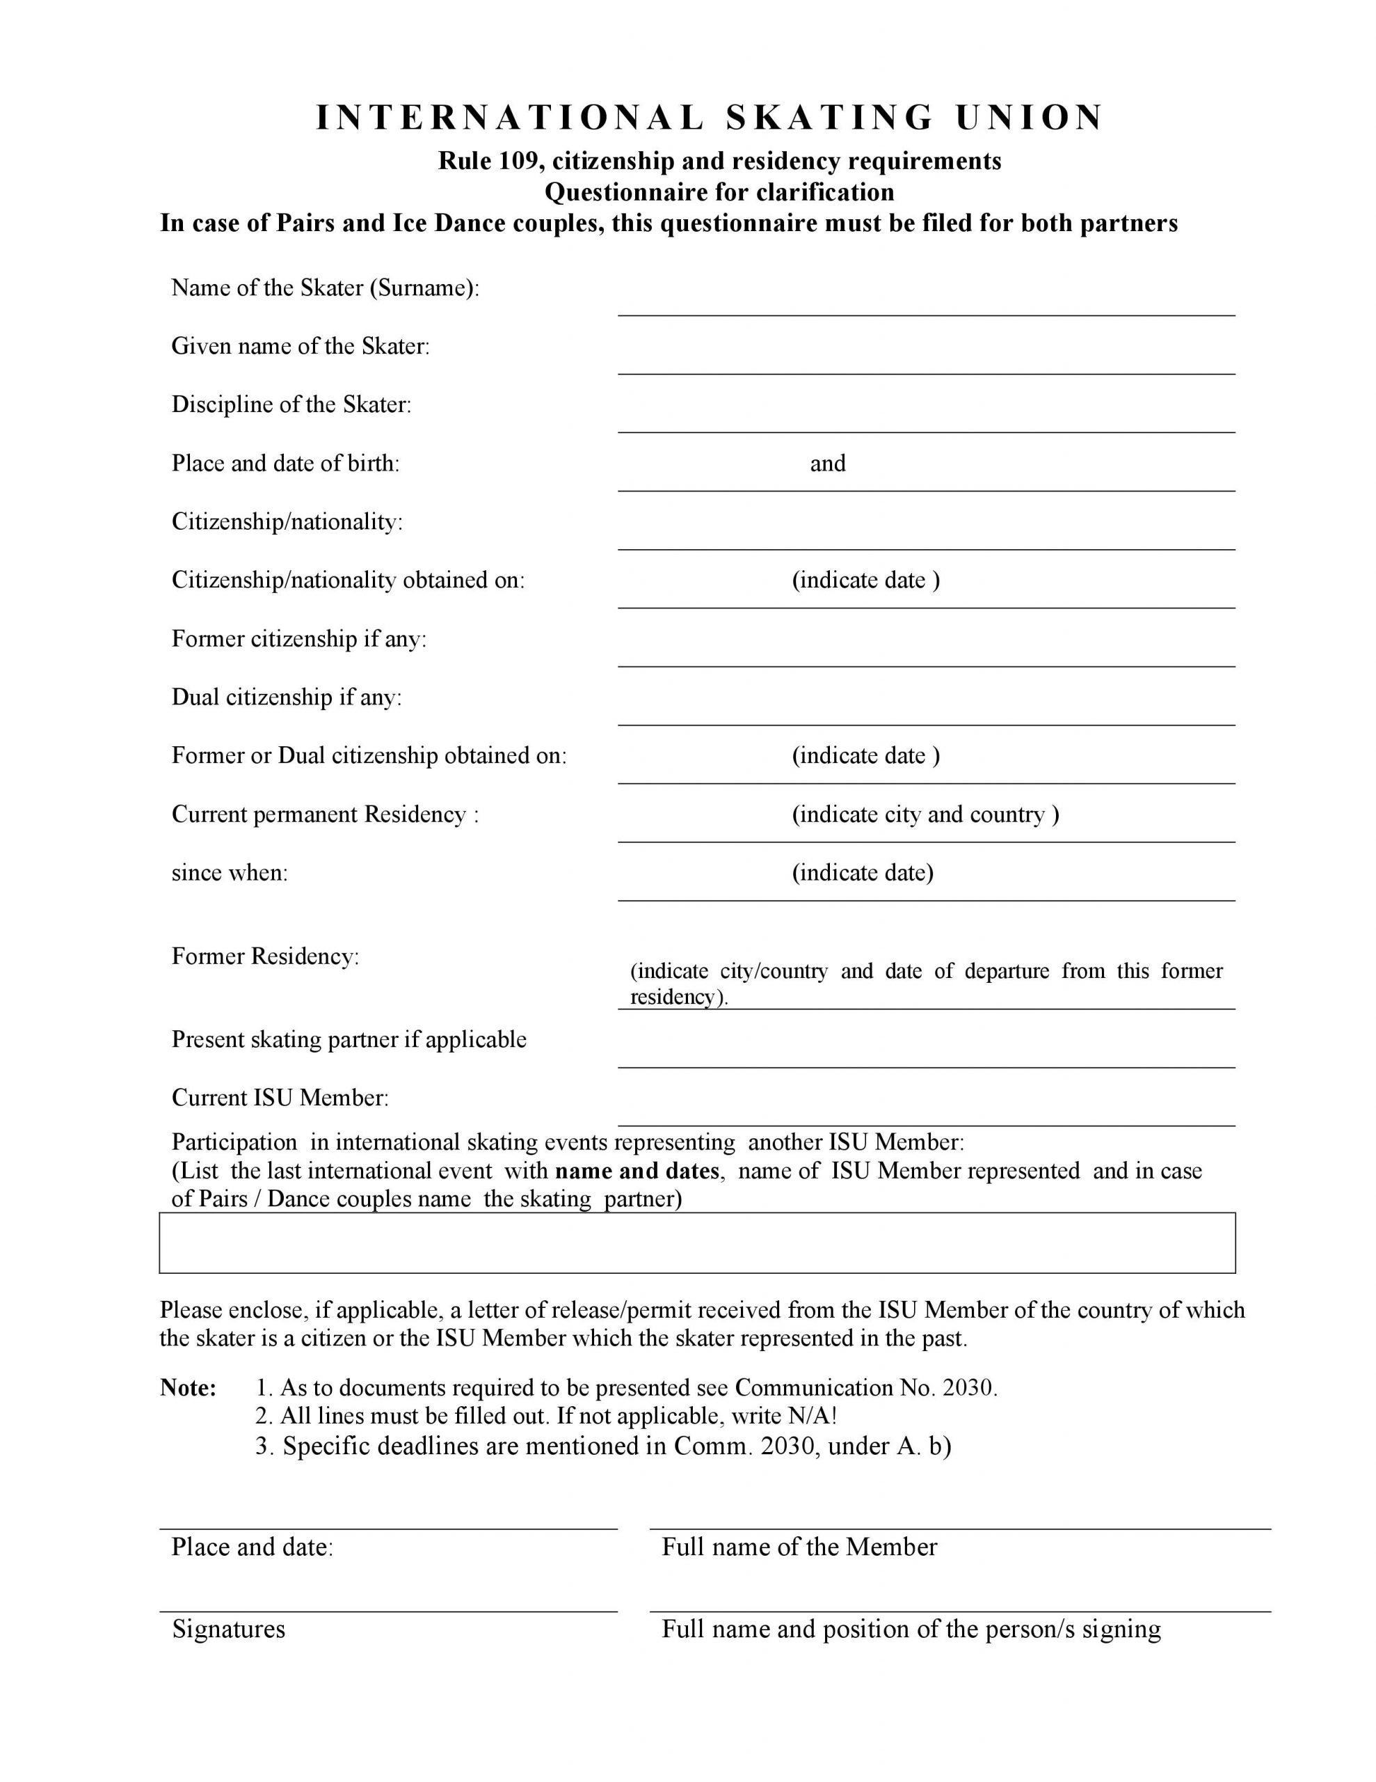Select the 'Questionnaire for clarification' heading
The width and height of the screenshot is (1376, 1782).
tap(719, 193)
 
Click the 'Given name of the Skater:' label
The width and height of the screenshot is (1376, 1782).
tap(300, 347)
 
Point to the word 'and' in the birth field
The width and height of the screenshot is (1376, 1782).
tap(827, 464)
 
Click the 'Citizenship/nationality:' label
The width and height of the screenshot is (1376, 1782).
tap(287, 522)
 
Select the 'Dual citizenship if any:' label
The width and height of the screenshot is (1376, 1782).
tap(287, 697)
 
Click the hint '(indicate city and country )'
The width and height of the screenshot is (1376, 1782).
tap(925, 814)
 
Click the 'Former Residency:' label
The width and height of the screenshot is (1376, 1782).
tap(265, 956)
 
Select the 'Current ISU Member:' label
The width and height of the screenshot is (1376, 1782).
tap(280, 1098)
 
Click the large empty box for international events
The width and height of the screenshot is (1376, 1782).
tap(696, 1243)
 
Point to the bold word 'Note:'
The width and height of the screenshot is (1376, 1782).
tap(189, 1388)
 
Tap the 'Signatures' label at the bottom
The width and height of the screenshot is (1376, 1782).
tap(228, 1630)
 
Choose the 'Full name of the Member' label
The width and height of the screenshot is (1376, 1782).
tap(799, 1547)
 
